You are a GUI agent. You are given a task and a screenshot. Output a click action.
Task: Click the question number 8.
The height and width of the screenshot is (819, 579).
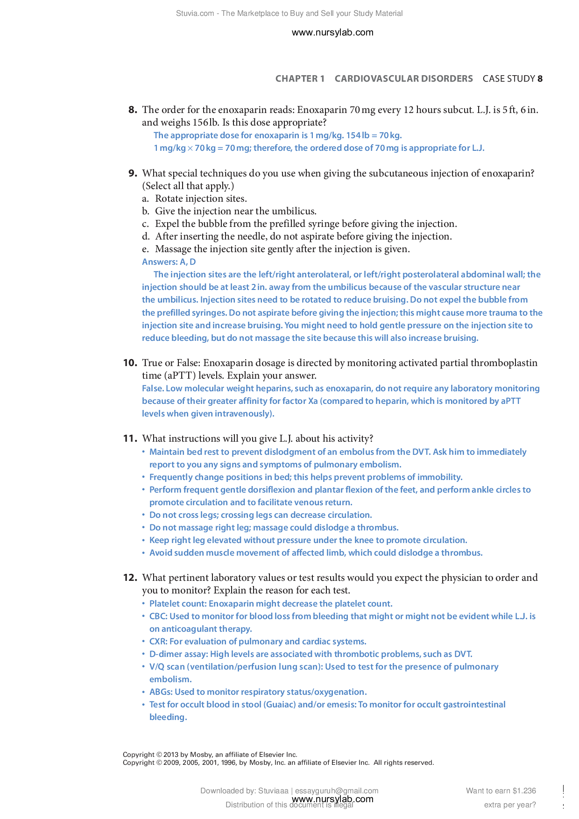(x=133, y=110)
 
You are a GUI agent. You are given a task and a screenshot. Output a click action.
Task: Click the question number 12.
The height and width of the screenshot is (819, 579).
(x=130, y=578)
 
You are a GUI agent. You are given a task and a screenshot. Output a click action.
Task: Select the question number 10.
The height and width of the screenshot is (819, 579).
(x=130, y=363)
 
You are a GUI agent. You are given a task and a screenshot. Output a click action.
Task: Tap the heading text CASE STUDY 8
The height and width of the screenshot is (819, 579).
(x=512, y=79)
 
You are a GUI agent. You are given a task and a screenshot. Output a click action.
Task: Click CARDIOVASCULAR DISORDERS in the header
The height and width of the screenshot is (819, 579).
(x=403, y=79)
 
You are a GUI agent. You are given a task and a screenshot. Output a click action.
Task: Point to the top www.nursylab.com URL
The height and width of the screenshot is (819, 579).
(x=332, y=33)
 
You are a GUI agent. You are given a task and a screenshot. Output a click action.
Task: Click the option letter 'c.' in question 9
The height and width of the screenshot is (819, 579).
(x=146, y=224)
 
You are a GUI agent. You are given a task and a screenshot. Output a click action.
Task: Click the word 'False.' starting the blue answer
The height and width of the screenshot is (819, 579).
(x=153, y=388)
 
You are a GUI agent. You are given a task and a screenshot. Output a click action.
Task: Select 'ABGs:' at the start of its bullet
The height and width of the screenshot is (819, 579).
(x=161, y=692)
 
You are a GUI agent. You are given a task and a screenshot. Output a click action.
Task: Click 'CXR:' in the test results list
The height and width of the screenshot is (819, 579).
(x=158, y=642)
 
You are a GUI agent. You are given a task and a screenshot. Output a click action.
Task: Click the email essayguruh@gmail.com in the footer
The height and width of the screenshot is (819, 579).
(x=336, y=791)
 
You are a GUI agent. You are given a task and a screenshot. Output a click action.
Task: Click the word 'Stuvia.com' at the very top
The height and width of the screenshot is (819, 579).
(x=195, y=14)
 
